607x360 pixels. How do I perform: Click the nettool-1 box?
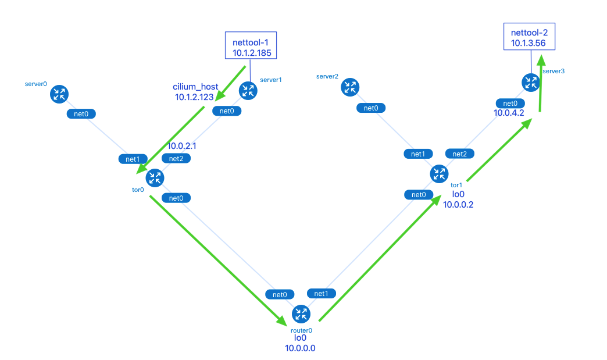point(251,45)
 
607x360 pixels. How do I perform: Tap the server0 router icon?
point(59,94)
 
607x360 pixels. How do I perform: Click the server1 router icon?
point(248,90)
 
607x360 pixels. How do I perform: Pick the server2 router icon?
point(350,87)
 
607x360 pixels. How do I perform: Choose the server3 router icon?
point(530,83)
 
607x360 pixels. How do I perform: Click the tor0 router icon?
point(155,177)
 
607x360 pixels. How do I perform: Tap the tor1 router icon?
point(439,173)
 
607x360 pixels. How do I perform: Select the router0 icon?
point(301,314)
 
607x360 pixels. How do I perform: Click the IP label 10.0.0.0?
point(300,348)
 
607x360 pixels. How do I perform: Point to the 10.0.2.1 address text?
point(183,146)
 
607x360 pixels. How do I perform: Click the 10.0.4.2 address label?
point(509,113)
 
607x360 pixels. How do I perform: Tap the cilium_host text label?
point(195,87)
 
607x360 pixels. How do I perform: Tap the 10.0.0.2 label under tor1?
point(459,204)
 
